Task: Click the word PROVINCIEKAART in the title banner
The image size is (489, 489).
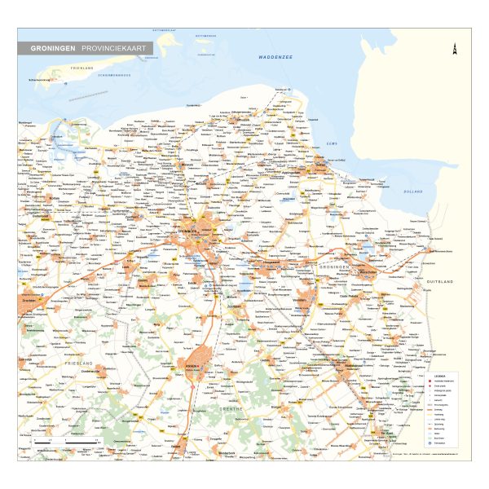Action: (x=113, y=49)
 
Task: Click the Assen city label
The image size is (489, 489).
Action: (x=192, y=365)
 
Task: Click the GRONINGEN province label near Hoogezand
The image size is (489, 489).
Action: (x=335, y=267)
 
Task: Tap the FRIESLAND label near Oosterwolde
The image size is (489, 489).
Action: (x=78, y=362)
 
